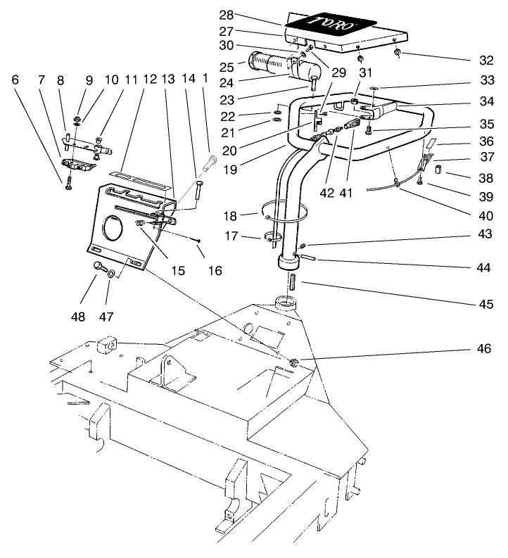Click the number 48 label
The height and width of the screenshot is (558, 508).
(77, 317)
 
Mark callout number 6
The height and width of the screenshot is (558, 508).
(15, 80)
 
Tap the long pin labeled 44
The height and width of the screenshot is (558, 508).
(311, 258)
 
